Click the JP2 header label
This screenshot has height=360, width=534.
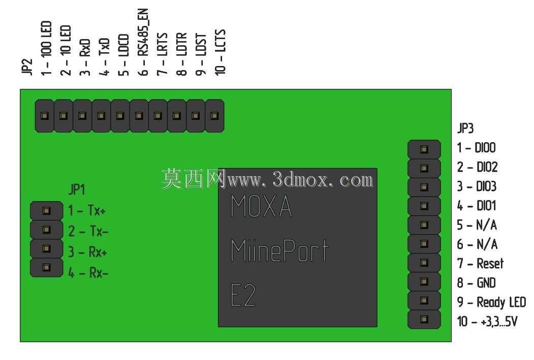[x=27, y=67]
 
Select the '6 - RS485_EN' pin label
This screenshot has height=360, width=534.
[x=143, y=42]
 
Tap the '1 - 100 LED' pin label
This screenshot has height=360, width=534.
[x=46, y=48]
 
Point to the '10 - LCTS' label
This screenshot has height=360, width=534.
[x=221, y=52]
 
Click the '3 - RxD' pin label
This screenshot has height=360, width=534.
[x=85, y=57]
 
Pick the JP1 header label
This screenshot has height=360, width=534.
[x=77, y=189]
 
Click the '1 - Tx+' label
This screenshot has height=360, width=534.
[x=86, y=210]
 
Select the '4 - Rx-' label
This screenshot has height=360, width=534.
[x=88, y=273]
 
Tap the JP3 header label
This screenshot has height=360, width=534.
[x=465, y=128]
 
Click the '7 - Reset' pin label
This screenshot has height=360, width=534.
[x=480, y=264]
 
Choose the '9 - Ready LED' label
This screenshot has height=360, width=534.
[x=491, y=302]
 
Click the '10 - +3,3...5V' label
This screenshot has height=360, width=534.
[x=487, y=321]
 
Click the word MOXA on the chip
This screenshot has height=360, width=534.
[x=261, y=206]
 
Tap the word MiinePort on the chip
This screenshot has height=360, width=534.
[x=279, y=250]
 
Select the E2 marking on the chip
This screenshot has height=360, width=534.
[x=243, y=295]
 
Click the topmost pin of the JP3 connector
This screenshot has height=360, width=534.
[x=424, y=149]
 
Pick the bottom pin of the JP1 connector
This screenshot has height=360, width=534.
[x=47, y=268]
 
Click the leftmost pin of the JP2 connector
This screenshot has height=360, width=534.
[x=45, y=116]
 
